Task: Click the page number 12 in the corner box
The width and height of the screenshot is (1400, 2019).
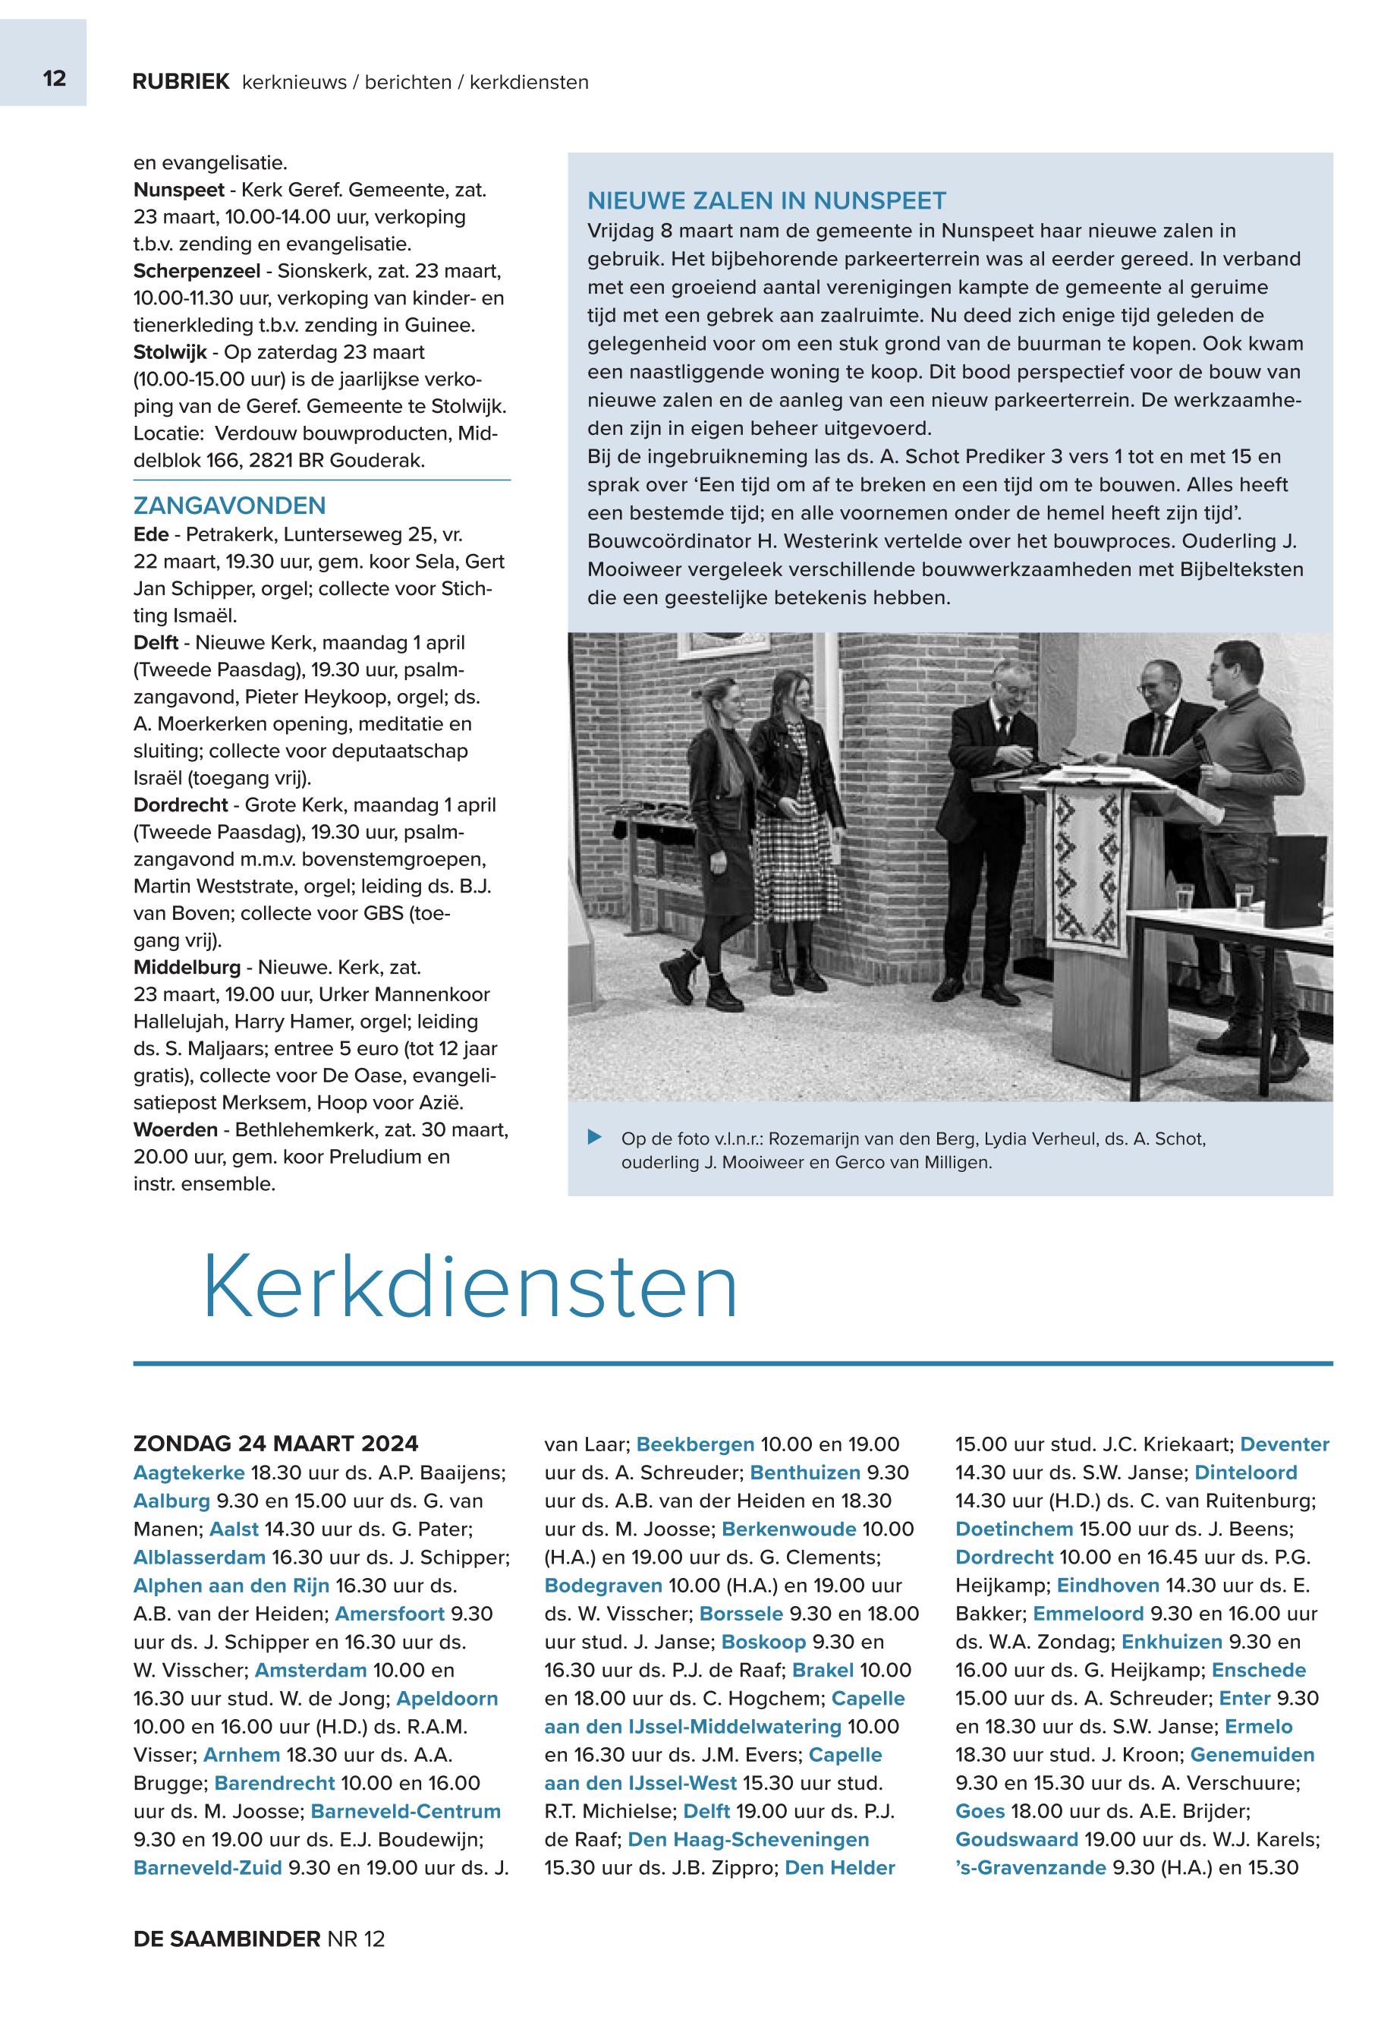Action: coord(54,79)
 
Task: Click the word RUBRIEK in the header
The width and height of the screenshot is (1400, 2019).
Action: coord(181,82)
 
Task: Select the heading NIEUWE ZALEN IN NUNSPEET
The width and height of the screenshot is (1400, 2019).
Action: coord(766,201)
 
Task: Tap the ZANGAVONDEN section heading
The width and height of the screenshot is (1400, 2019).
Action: coord(229,506)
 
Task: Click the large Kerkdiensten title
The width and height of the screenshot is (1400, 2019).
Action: coord(470,1287)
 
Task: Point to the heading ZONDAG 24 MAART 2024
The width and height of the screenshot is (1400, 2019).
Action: coord(275,1444)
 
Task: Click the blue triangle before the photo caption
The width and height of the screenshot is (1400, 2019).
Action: coord(595,1138)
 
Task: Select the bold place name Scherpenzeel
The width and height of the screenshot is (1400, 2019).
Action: coord(197,270)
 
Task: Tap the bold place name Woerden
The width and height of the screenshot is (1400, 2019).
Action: coord(175,1129)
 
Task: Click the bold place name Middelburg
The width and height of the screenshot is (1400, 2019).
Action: coord(187,967)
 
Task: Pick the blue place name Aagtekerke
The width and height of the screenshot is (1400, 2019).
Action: coord(189,1473)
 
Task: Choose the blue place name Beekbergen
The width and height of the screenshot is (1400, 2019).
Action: coord(695,1444)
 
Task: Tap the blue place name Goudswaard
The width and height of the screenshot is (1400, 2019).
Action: coord(1016,1839)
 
